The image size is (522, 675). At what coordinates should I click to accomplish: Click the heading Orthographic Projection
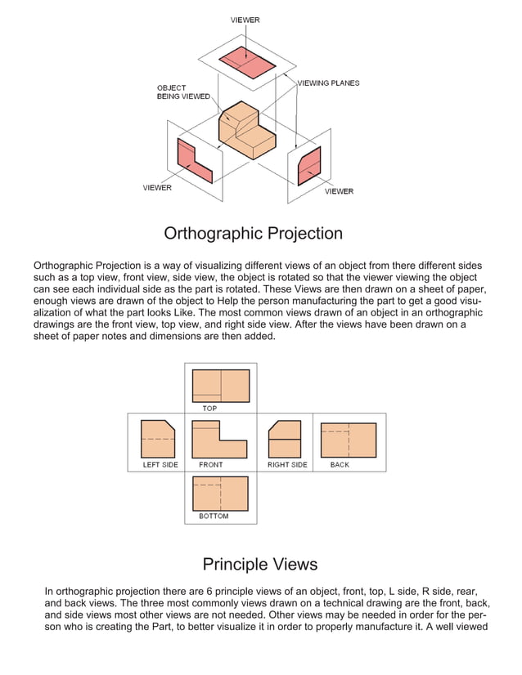[253, 234]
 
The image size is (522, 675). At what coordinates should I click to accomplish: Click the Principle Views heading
[259, 564]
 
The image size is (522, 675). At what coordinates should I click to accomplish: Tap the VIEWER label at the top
[245, 20]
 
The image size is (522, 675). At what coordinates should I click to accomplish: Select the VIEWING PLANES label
[327, 83]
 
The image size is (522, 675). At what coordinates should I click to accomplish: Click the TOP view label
[210, 408]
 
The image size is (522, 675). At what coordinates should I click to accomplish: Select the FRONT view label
[211, 465]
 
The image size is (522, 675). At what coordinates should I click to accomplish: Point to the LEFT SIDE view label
[160, 465]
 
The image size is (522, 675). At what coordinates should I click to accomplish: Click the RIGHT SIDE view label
[287, 465]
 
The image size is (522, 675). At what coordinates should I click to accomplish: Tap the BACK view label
[340, 465]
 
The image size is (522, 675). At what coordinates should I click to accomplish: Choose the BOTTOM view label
[214, 516]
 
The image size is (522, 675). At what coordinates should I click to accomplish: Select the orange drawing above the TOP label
[220, 386]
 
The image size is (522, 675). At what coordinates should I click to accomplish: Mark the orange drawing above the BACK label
[349, 440]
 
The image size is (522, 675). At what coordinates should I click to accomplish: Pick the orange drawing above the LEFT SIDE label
[157, 440]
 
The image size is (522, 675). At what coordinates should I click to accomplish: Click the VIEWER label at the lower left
[157, 188]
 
